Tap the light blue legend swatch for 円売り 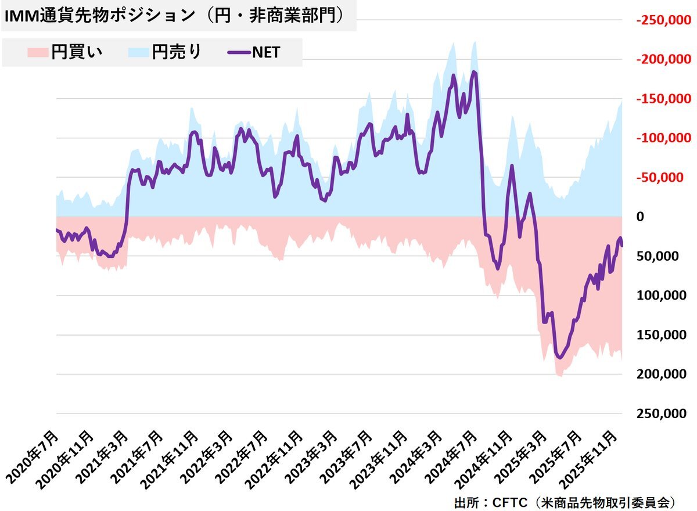[138, 53]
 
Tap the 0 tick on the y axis [641, 217]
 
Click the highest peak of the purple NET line [474, 72]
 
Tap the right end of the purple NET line [621, 246]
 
